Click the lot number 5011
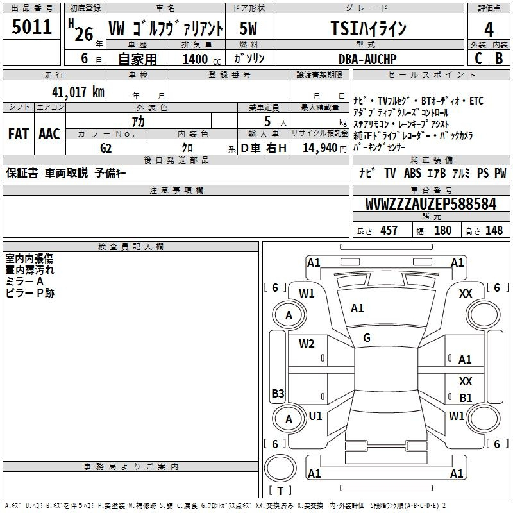click(x=31, y=27)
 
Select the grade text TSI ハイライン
click(x=368, y=28)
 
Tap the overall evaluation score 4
click(x=489, y=29)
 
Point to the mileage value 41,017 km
click(x=78, y=92)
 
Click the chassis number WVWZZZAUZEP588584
click(x=431, y=204)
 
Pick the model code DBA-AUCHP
click(x=367, y=59)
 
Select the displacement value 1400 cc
click(x=201, y=59)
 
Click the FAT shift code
click(x=19, y=134)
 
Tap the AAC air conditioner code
click(x=49, y=134)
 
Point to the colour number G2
click(x=106, y=148)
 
